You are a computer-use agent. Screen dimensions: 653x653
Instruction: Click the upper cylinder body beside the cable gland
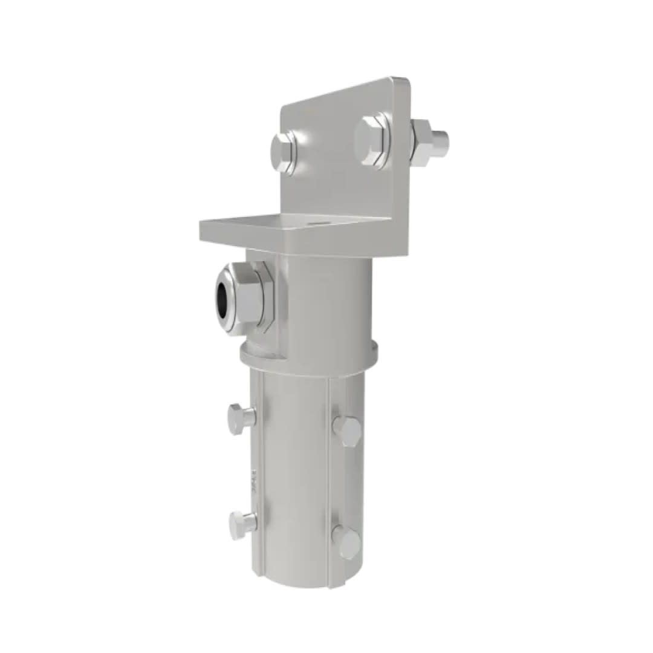click(x=326, y=302)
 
